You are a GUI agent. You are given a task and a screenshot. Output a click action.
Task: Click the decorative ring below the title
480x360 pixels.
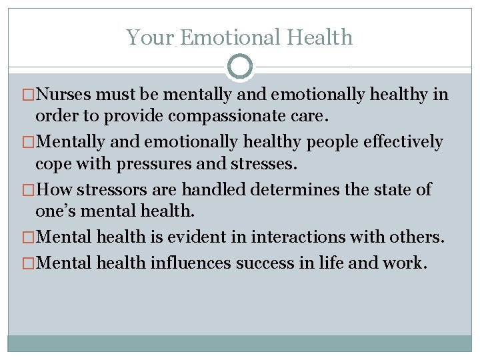[240, 67]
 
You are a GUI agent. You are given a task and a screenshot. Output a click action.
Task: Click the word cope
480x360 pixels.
[51, 163]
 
